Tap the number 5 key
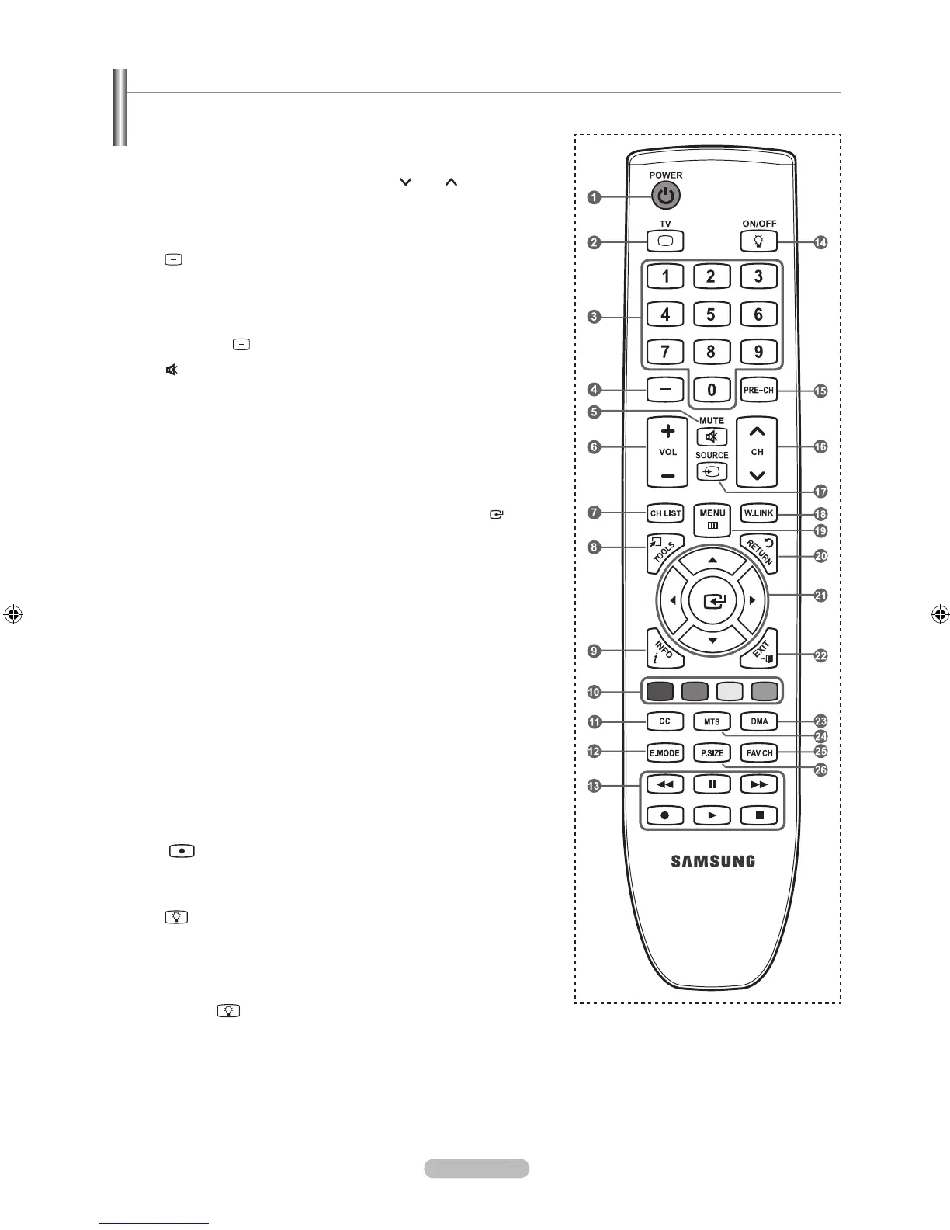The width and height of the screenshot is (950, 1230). pyautogui.click(x=711, y=314)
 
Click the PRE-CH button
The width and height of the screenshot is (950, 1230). pyautogui.click(x=758, y=390)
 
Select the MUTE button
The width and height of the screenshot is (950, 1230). pyautogui.click(x=712, y=436)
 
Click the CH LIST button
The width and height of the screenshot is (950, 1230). pyautogui.click(x=665, y=513)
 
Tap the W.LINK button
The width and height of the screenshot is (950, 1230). pyautogui.click(x=758, y=513)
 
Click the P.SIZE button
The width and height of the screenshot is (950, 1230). pyautogui.click(x=712, y=753)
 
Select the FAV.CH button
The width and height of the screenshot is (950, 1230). pyautogui.click(x=758, y=753)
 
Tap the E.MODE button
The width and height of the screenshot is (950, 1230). pyautogui.click(x=664, y=753)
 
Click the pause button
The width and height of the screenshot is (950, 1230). pyautogui.click(x=712, y=784)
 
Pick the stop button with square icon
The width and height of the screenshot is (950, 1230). pyautogui.click(x=759, y=815)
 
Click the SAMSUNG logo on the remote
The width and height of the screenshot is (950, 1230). pyautogui.click(x=712, y=860)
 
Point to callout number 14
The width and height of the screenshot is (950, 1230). pyautogui.click(x=820, y=242)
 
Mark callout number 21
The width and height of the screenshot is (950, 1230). pyautogui.click(x=820, y=596)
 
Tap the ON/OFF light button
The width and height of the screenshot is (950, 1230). pyautogui.click(x=758, y=241)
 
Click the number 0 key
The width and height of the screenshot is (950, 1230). pyautogui.click(x=711, y=390)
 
